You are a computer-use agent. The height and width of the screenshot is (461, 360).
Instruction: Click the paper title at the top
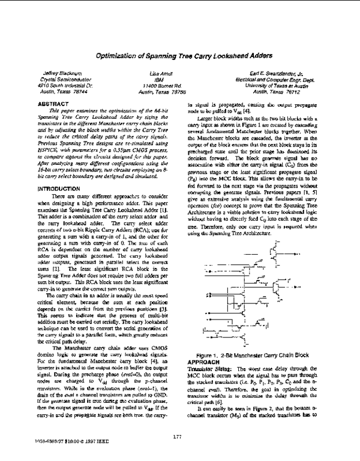click(179, 53)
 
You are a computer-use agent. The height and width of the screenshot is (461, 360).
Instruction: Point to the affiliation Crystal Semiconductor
click(57, 78)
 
